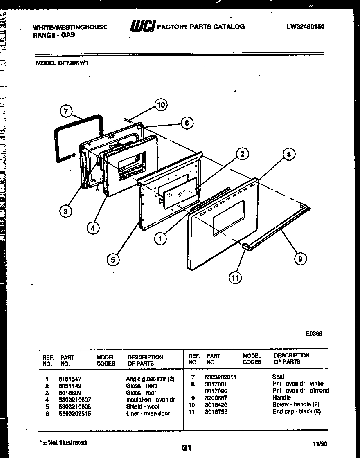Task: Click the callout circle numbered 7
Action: (66, 111)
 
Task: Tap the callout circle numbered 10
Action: (161, 105)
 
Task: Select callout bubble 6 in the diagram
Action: (187, 123)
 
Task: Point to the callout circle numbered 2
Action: (242, 154)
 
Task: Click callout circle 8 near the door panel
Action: (289, 154)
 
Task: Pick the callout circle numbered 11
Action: (235, 278)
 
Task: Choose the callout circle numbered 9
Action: (300, 258)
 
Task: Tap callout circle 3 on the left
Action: (65, 211)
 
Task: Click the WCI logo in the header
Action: (142, 27)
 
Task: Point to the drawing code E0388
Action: (314, 333)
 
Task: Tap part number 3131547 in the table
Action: (70, 379)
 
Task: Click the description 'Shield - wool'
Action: (142, 406)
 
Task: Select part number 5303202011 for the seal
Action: (221, 377)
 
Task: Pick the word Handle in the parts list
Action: (281, 397)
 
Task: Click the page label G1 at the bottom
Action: (186, 447)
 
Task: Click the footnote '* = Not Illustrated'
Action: (63, 442)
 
